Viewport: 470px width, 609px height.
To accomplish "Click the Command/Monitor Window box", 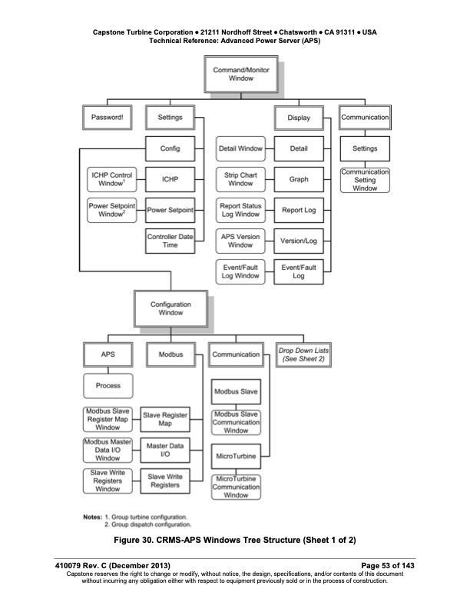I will click(235, 74).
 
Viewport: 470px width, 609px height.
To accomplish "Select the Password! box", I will click(107, 118).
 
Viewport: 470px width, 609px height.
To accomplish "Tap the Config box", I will click(170, 148).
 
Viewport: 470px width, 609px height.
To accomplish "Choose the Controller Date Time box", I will click(170, 241).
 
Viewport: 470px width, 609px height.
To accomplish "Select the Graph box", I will click(299, 179).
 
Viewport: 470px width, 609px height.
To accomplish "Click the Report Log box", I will click(299, 209).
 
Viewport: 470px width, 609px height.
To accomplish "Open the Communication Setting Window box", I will click(365, 180).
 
